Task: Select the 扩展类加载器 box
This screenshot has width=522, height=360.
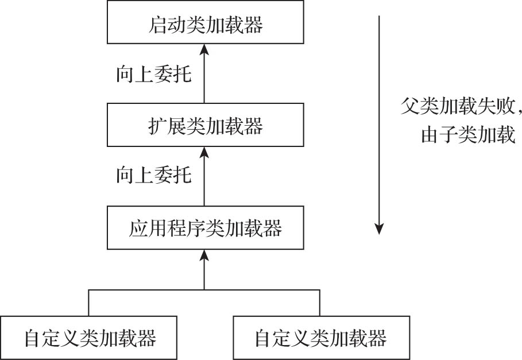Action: [x=205, y=125]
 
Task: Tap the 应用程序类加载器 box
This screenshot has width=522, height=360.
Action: [x=205, y=229]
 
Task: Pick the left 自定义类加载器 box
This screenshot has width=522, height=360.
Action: [x=90, y=338]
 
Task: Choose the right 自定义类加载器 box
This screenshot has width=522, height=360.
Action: [x=321, y=338]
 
